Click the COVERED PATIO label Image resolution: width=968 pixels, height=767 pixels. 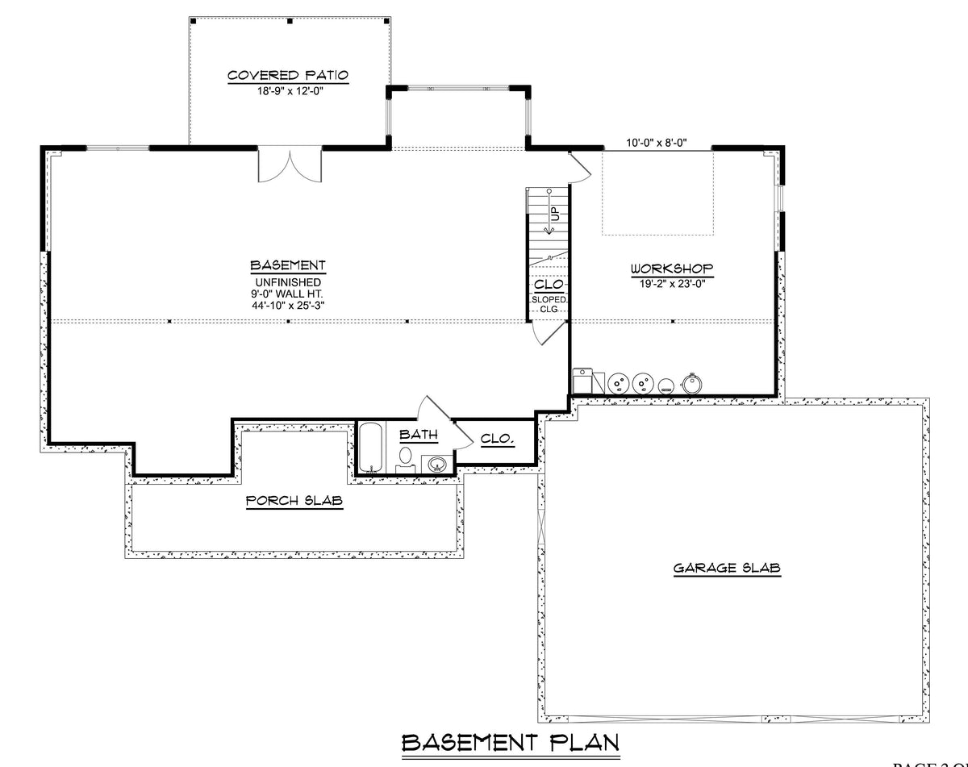(288, 75)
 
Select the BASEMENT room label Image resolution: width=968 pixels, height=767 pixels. (288, 265)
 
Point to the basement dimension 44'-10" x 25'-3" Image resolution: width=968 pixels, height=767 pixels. (288, 305)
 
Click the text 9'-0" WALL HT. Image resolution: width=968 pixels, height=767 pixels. (288, 294)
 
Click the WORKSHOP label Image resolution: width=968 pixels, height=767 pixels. (673, 268)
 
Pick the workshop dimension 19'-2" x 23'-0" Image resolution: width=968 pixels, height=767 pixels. (673, 282)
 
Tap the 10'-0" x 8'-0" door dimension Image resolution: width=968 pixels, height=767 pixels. (657, 143)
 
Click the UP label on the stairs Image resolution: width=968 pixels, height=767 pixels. (555, 214)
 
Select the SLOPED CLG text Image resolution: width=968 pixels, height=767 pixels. (549, 303)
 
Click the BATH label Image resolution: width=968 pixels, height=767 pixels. (419, 435)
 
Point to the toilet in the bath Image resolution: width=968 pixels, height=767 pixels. (405, 459)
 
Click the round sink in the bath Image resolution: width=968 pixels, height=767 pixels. (436, 463)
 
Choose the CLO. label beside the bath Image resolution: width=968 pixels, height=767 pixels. (498, 439)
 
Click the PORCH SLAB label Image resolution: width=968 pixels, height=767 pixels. (294, 501)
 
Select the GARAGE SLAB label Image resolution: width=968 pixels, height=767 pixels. (727, 568)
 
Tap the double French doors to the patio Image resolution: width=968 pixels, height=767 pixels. (290, 165)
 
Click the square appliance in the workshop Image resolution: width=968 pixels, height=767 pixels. (582, 381)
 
